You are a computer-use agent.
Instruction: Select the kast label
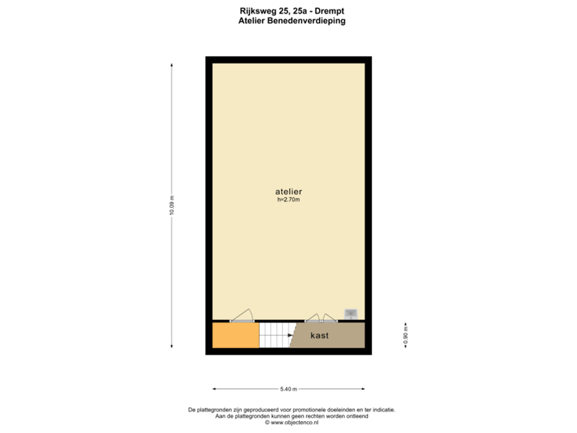[x=320, y=335]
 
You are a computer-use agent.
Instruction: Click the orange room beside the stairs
[x=236, y=335]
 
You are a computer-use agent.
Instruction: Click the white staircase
[x=274, y=335]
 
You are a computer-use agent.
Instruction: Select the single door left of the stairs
[x=242, y=316]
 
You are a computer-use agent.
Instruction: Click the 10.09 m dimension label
[x=171, y=206]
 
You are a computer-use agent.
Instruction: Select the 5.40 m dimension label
[x=288, y=389]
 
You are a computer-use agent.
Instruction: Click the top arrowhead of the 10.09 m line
[x=171, y=64]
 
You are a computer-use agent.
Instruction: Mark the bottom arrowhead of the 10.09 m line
[x=171, y=347]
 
